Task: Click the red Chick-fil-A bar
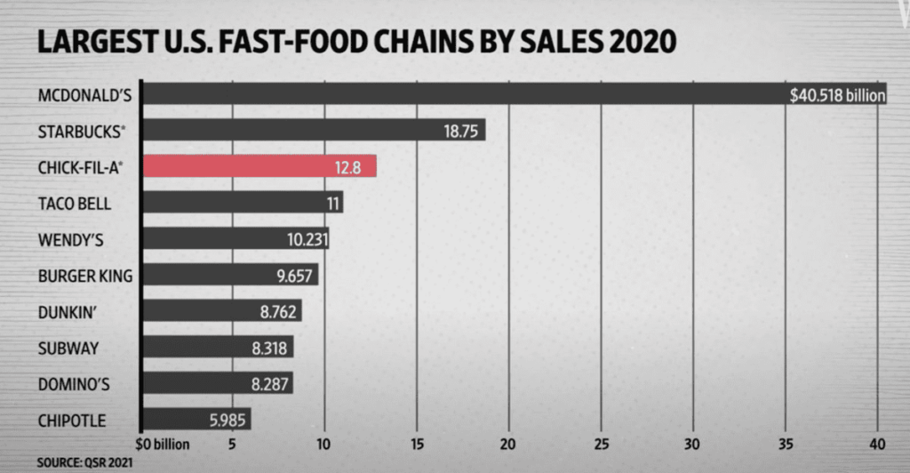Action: click(x=259, y=166)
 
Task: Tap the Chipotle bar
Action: click(x=196, y=419)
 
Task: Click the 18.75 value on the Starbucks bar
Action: click(x=460, y=131)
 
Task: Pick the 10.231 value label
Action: click(x=304, y=239)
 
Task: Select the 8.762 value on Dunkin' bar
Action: click(x=277, y=310)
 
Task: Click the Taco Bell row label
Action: click(x=75, y=203)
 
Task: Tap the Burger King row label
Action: click(x=85, y=275)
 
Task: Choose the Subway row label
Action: click(x=68, y=348)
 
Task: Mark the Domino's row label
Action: click(x=75, y=383)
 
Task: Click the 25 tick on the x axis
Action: click(x=601, y=444)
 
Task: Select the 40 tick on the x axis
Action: click(x=877, y=444)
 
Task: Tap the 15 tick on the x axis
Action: click(x=417, y=444)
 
